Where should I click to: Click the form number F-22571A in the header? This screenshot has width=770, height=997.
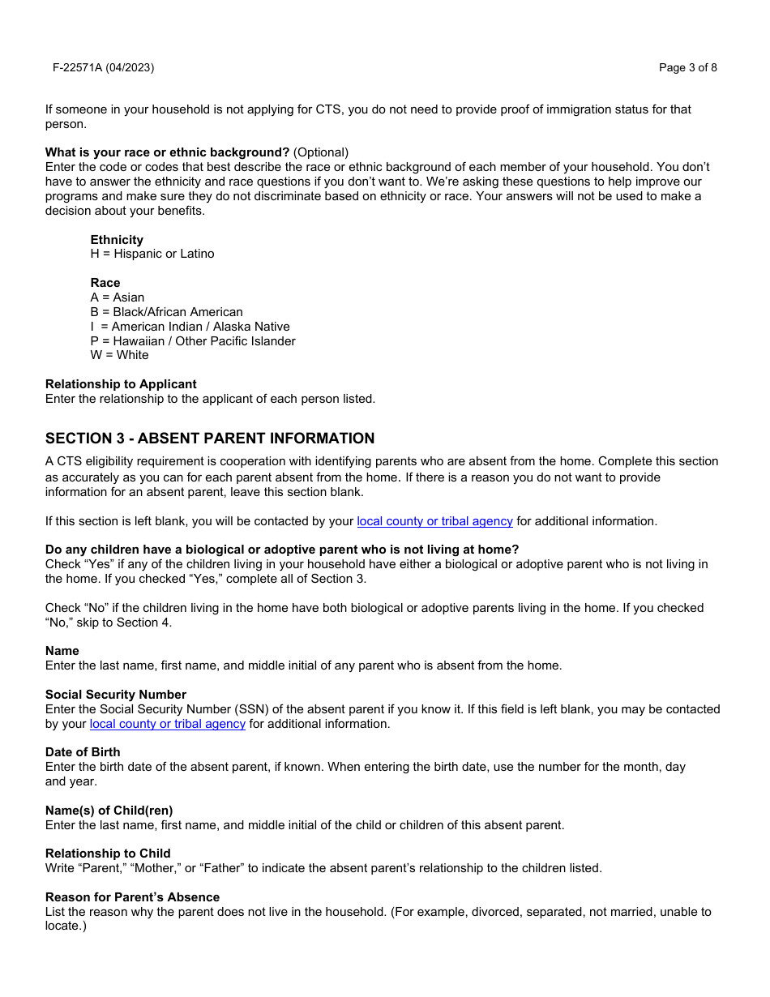point(103,67)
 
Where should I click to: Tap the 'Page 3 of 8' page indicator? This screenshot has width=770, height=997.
point(687,67)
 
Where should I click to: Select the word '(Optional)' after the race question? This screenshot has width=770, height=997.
point(321,152)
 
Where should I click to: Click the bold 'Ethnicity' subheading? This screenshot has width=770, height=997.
point(117,240)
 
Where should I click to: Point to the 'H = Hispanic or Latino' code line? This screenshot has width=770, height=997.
point(152,254)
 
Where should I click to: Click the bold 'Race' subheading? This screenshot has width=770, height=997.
point(105,283)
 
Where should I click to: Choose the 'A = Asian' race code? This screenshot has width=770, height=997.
point(118,297)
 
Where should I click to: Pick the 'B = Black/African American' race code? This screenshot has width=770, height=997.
point(166,312)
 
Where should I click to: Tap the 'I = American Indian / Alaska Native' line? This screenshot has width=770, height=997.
point(190,327)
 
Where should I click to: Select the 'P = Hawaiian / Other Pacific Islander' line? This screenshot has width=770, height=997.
point(193,341)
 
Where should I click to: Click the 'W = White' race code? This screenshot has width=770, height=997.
point(120,355)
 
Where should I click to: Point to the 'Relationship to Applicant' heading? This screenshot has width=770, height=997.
point(121,384)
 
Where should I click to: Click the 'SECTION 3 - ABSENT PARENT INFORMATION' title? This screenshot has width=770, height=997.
point(210,439)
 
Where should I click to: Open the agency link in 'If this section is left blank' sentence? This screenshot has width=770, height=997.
point(434,521)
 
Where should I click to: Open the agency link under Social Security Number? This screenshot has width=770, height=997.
point(168,724)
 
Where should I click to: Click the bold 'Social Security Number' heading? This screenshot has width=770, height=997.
point(116,695)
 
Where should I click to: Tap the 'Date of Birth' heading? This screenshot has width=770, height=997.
point(83,752)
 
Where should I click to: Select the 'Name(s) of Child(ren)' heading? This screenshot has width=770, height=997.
point(109,811)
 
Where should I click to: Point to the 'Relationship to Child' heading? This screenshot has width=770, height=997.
point(108,854)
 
